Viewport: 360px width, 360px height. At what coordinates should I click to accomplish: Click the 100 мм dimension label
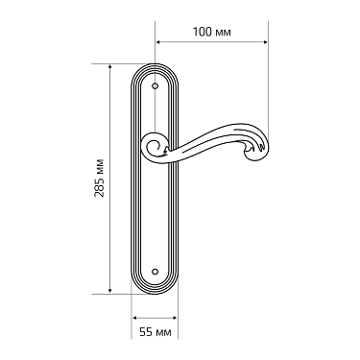point(208,33)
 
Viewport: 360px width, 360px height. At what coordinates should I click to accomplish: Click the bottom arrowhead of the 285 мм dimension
point(110,292)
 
